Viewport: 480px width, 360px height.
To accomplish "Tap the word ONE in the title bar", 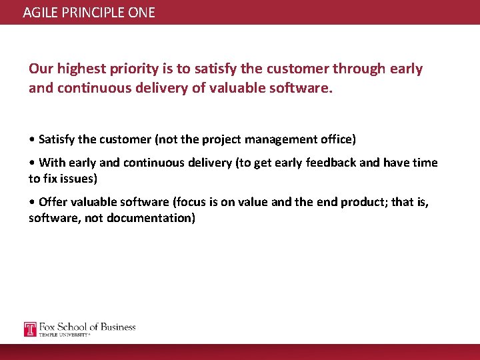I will [141, 12].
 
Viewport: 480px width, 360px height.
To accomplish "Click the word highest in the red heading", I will [80, 69].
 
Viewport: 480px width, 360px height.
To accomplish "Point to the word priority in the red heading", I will [132, 69].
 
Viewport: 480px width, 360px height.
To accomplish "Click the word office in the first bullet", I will [337, 139].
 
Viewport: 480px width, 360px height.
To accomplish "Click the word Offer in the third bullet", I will [53, 202].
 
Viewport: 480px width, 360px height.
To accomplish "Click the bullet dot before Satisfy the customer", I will [31, 139].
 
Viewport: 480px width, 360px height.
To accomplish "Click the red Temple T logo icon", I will [30, 329].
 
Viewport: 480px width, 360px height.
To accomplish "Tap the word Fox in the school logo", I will [49, 327].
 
